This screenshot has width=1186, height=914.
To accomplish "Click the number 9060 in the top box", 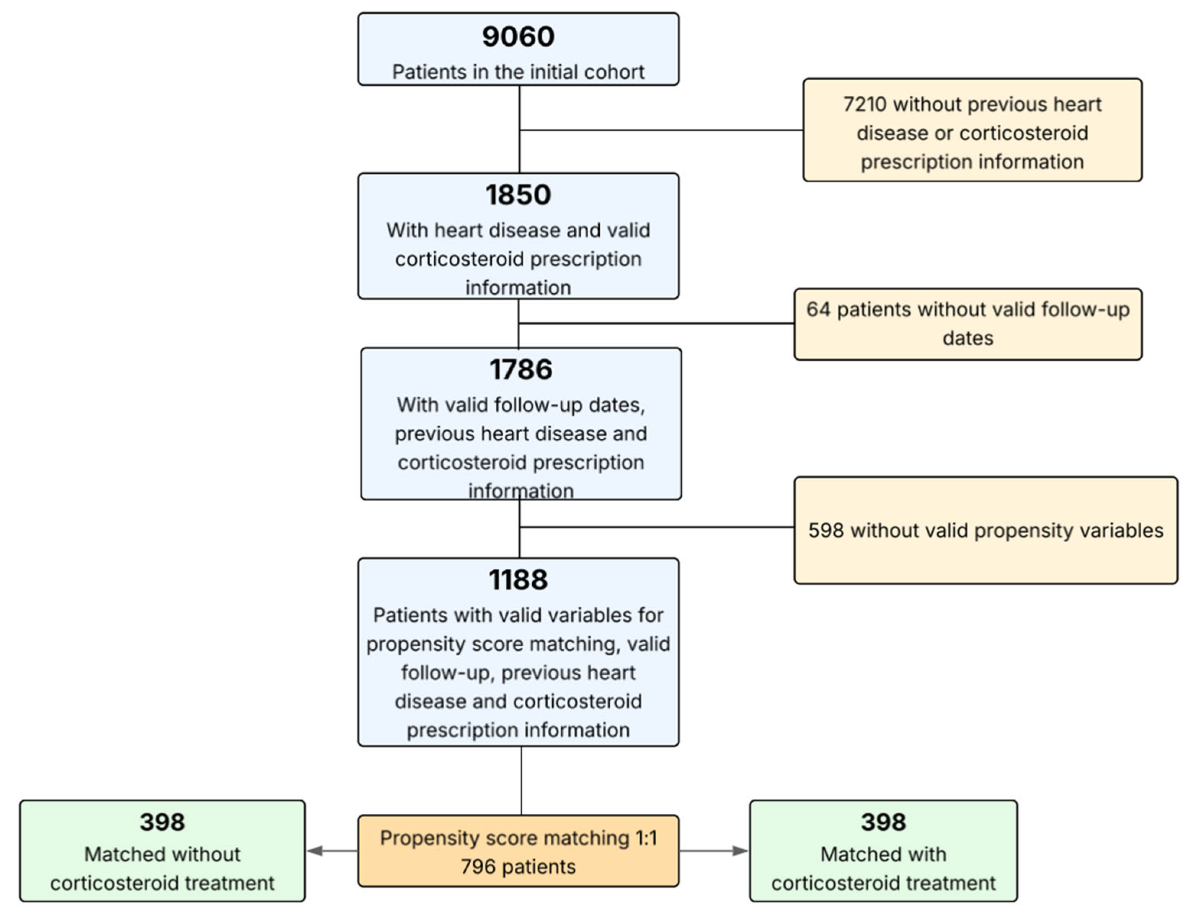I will click(x=518, y=37).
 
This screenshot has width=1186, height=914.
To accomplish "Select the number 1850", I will click(x=518, y=195).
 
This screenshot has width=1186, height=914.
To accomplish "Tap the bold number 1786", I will click(x=521, y=370).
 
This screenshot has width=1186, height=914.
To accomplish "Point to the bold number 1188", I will click(x=518, y=580).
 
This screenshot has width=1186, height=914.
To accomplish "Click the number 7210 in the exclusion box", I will click(x=865, y=104).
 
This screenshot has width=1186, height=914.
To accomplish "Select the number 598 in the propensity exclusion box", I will click(x=825, y=530).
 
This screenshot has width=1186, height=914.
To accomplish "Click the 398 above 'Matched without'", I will click(x=162, y=822).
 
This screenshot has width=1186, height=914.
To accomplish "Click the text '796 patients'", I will click(x=518, y=867).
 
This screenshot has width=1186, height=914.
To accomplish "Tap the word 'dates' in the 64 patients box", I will click(x=968, y=338).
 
